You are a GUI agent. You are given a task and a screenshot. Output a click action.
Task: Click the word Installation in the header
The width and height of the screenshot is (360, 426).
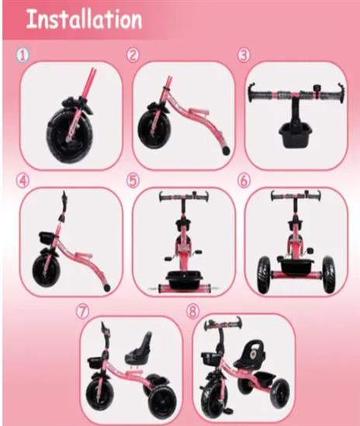(85, 19)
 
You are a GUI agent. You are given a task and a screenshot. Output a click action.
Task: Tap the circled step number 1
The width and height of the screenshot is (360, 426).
(22, 55)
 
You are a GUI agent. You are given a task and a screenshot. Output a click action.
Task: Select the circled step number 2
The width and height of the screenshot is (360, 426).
(133, 55)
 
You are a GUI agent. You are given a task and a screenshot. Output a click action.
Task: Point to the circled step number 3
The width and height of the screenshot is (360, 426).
(244, 55)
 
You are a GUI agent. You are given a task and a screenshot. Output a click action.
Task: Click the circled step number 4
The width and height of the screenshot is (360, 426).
(22, 180)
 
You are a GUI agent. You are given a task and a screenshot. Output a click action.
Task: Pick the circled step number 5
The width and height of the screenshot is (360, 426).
(133, 180)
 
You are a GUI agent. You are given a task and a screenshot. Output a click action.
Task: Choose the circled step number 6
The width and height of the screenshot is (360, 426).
(244, 180)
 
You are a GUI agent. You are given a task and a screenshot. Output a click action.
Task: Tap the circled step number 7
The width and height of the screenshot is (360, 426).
(82, 311)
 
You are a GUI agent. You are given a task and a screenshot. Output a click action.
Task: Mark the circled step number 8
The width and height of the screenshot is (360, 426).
(192, 311)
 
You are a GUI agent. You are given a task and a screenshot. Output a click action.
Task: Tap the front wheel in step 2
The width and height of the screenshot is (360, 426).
(154, 128)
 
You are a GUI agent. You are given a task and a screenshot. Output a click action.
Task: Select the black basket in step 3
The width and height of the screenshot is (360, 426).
(296, 135)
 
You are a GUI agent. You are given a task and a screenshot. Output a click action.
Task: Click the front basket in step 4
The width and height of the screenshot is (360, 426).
(47, 238)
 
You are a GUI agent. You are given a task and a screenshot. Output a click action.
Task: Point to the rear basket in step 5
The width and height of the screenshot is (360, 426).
(184, 281)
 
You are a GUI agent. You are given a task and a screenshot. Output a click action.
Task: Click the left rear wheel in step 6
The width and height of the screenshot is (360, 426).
(264, 275)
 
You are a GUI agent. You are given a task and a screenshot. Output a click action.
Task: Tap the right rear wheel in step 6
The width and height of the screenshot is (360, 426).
(329, 275)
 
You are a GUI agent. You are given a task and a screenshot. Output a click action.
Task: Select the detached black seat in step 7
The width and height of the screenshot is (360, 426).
(138, 348)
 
